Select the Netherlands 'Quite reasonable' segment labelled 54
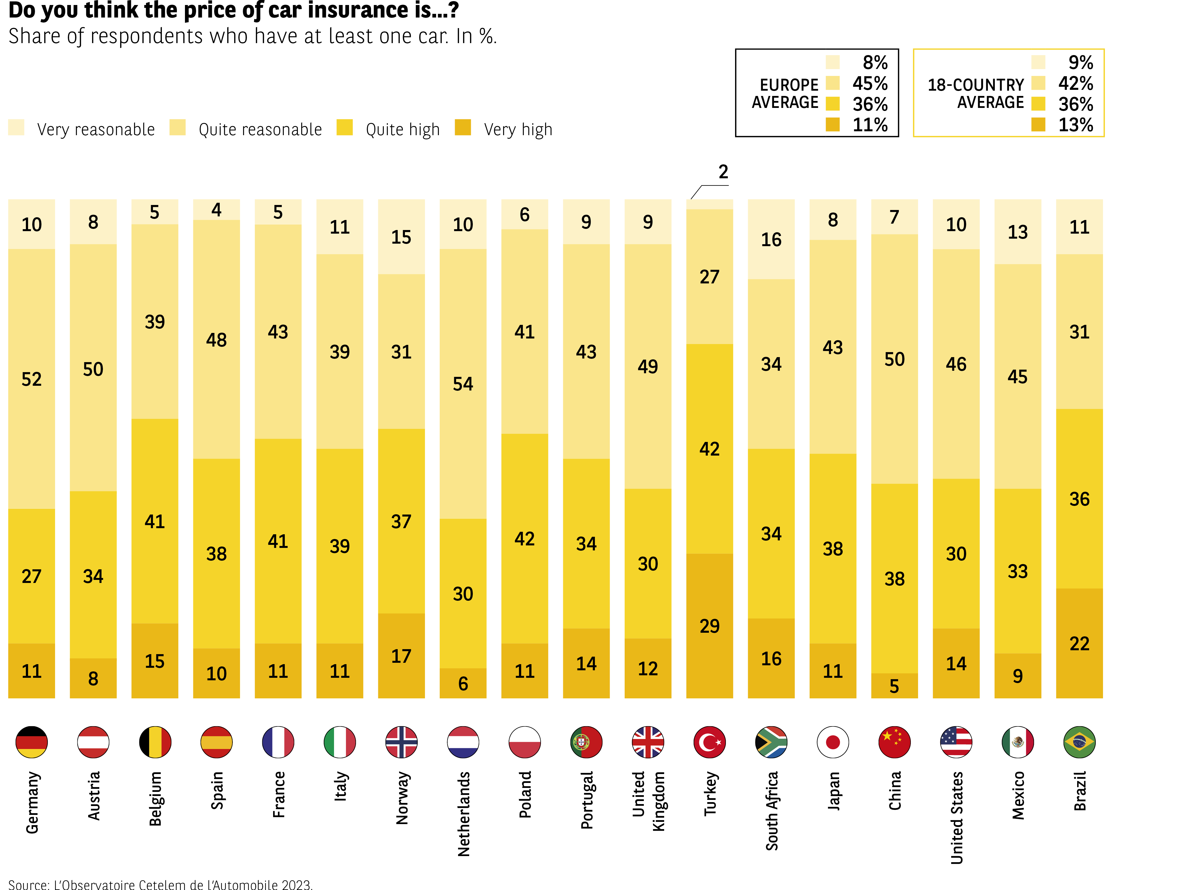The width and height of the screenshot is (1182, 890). click(463, 384)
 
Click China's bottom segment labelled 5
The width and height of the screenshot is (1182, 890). click(894, 685)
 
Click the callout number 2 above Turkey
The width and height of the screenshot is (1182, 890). click(723, 172)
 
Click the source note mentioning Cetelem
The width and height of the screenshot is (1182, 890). click(160, 884)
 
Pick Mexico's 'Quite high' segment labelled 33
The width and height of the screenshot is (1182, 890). click(1017, 571)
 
